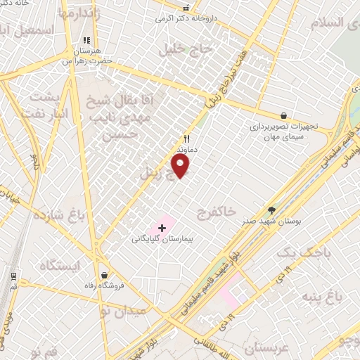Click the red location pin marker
point(181,165)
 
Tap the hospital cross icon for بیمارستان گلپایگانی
point(162,228)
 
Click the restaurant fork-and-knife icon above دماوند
point(187,139)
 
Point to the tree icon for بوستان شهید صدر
point(272,210)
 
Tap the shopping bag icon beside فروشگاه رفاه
point(105,276)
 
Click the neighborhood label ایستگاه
point(61,265)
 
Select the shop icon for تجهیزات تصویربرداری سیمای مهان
point(283,115)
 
